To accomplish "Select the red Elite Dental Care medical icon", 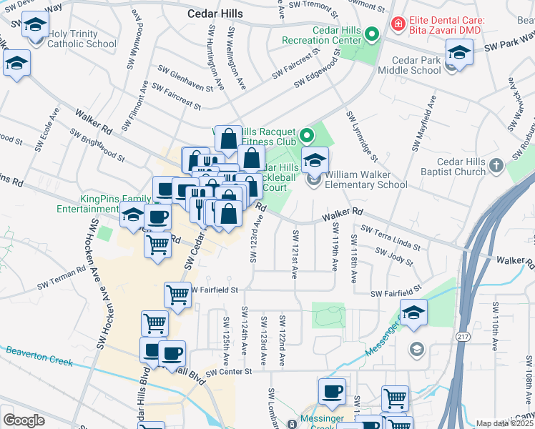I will click(x=396, y=25).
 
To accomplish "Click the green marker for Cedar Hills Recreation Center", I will click(x=371, y=34).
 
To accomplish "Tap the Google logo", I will click(x=24, y=420).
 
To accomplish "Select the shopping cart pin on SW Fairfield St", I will click(x=177, y=293).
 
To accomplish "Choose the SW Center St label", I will click(x=229, y=372).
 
